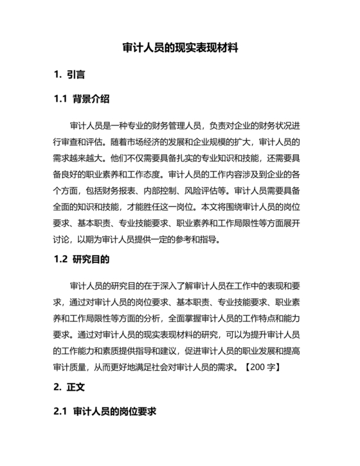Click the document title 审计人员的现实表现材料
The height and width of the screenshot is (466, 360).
[180, 48]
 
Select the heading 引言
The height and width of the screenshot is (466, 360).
[75, 75]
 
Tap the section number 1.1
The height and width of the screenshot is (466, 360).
[61, 99]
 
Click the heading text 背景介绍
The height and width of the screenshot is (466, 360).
[91, 99]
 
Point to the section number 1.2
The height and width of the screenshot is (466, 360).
[61, 260]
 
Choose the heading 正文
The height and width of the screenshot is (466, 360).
[75, 388]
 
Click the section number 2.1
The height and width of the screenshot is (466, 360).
[61, 412]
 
